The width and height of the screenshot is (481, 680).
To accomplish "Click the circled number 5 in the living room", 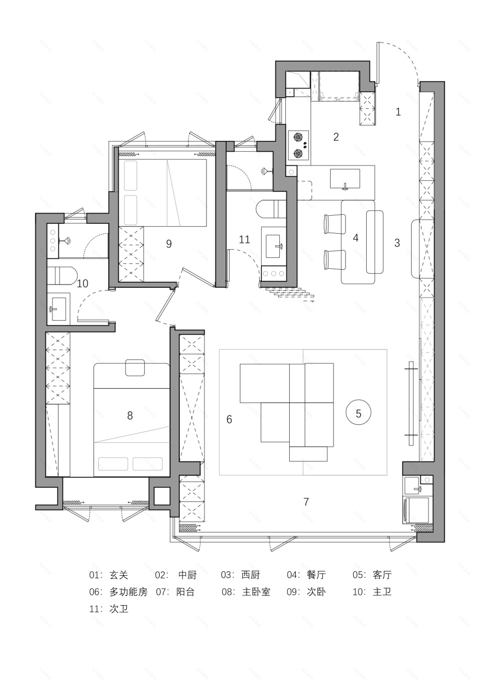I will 359,413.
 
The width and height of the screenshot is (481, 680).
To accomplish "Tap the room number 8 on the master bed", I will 130,416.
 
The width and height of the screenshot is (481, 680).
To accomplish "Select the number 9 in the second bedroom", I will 169,244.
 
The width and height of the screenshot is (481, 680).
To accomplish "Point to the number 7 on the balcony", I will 306,501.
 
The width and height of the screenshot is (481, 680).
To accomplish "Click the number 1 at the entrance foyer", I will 398,112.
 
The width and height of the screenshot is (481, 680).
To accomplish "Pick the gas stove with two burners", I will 298,145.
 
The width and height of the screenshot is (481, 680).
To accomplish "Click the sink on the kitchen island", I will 345,179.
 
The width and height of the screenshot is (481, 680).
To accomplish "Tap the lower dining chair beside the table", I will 335,259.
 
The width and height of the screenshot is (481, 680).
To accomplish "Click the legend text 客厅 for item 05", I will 383,575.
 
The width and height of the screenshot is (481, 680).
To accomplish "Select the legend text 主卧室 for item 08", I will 256,592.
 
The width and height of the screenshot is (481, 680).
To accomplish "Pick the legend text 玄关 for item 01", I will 119,575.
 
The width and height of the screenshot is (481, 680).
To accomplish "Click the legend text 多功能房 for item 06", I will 128,592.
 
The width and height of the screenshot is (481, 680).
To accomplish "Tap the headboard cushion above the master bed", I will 135,368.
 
